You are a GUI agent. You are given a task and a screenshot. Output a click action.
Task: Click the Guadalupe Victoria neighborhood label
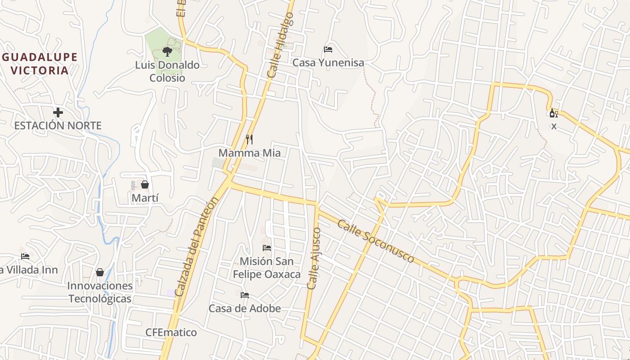[x=40, y=64]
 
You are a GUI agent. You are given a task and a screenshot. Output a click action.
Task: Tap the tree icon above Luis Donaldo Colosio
[x=167, y=51]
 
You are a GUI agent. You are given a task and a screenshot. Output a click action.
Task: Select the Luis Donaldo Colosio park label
[x=167, y=72]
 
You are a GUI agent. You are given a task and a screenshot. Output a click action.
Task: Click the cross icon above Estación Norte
[x=58, y=112]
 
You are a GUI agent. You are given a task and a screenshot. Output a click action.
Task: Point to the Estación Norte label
[x=58, y=126]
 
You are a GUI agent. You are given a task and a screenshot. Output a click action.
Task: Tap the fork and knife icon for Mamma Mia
[x=249, y=139]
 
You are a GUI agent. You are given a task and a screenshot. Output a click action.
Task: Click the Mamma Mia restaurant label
[x=249, y=153]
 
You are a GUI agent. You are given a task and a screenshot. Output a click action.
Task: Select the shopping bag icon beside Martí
[x=145, y=184]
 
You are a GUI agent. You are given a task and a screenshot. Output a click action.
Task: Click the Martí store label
[x=145, y=198]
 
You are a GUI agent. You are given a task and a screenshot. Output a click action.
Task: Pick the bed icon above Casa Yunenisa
[x=328, y=49]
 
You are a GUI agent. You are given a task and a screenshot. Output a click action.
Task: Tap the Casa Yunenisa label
[x=328, y=63]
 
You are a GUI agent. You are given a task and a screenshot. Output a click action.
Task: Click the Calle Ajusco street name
[x=314, y=258]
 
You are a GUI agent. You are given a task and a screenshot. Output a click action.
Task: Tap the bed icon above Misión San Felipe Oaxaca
[x=267, y=248]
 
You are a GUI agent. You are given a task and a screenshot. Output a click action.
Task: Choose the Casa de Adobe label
[x=244, y=309]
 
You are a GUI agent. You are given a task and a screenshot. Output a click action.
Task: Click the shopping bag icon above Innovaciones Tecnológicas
[x=100, y=272]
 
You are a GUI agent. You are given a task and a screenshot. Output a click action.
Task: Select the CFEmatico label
[x=171, y=333]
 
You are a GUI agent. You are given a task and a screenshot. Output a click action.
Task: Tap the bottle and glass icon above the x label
[x=553, y=113]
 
